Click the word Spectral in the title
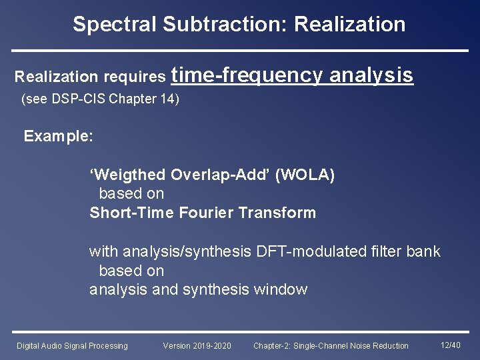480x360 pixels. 115,25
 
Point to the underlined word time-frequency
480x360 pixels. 247,75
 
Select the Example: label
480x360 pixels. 59,137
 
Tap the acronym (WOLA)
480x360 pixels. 305,175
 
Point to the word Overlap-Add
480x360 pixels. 221,175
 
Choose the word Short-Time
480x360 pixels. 132,213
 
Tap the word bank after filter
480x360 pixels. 424,251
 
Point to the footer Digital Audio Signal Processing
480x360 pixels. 72,345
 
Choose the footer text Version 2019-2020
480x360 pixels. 197,345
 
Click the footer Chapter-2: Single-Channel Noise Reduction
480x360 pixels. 331,345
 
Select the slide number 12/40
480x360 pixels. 451,345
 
